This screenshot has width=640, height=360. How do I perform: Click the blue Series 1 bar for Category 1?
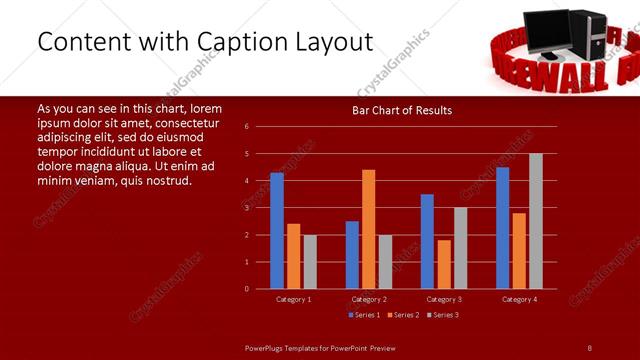tap(277, 231)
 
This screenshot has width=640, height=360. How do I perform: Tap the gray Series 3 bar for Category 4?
tap(535, 221)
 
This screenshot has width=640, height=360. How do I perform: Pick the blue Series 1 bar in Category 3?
tap(427, 241)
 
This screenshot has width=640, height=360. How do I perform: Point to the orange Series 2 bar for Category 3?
tap(444, 264)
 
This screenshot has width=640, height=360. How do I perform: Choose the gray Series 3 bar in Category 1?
tap(310, 262)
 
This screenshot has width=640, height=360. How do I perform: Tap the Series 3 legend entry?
tap(443, 315)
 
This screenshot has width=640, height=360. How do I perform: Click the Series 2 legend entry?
tap(404, 315)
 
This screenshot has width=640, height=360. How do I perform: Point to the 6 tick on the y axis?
tap(247, 127)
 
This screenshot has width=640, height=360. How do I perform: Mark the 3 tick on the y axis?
tap(247, 208)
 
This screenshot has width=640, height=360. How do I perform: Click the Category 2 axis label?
tap(369, 299)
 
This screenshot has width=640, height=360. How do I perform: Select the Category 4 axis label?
tap(518, 299)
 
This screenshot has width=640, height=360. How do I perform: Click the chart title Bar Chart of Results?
tap(402, 110)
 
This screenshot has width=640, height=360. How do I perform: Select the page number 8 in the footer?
tap(589, 347)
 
